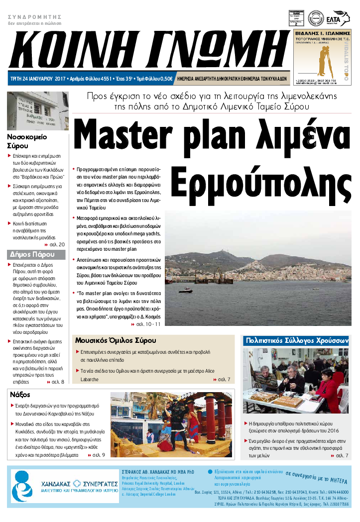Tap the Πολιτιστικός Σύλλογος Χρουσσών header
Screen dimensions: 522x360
(x=296, y=340)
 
